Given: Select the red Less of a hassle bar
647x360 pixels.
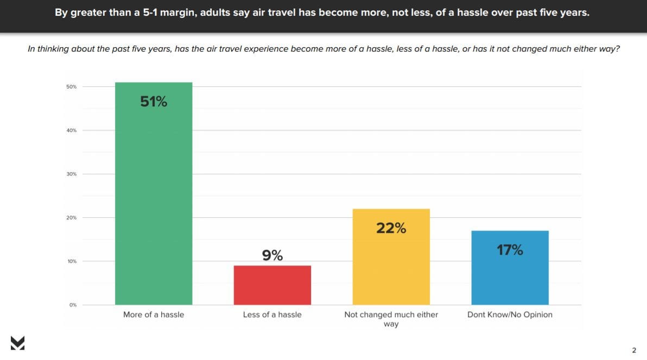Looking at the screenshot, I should (272, 285).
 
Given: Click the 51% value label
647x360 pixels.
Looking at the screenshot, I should (154, 102).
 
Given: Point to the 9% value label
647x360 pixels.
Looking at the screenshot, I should (272, 255).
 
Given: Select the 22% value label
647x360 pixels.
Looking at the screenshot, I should (391, 228).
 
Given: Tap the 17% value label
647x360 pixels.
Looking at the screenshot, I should (510, 250).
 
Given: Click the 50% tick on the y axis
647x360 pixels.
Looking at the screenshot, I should (72, 87).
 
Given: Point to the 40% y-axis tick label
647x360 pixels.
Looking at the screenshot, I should (72, 130).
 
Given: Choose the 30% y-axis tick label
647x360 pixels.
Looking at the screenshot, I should (72, 174).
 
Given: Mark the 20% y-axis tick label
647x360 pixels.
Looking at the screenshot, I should (72, 218).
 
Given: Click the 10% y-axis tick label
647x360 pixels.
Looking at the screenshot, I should (72, 261).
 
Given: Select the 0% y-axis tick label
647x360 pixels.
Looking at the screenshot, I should (73, 305).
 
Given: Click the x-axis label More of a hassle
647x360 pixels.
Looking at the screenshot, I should (154, 314).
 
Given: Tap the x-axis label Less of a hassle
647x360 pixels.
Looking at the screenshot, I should (272, 314).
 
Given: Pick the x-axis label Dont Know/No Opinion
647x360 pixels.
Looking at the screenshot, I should (510, 314).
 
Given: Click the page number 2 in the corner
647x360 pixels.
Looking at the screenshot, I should (634, 350).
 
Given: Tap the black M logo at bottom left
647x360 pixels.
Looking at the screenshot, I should (17, 343).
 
